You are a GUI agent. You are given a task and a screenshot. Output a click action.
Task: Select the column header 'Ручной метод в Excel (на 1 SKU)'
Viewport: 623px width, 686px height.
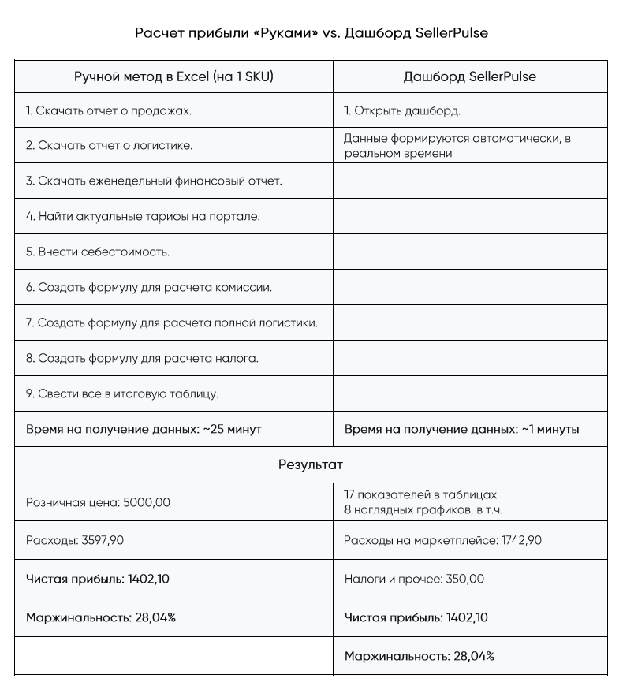pos(174,76)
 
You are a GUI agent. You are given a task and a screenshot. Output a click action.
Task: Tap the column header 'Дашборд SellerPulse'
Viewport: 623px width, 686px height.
pos(470,76)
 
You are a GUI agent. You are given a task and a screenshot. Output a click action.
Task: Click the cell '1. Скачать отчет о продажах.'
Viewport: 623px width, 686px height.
pos(109,110)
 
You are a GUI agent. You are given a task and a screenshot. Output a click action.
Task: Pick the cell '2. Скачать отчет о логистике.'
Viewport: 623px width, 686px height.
pos(110,146)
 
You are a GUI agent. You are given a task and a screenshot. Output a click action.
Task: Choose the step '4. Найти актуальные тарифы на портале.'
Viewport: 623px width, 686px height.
pos(143,216)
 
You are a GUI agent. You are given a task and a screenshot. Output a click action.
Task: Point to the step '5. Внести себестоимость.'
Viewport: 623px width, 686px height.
pos(98,252)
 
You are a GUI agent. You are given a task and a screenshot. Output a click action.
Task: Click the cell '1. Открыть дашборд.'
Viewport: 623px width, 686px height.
pos(402,110)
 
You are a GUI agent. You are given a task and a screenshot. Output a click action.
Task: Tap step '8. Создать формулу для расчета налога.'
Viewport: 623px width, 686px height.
pos(142,358)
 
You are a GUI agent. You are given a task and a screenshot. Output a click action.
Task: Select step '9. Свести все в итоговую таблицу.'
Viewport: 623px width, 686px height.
pos(122,393)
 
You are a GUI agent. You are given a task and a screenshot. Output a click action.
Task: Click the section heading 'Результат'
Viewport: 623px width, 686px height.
pos(311,464)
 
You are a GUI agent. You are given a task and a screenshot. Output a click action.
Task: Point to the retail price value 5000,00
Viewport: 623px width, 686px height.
pos(147,501)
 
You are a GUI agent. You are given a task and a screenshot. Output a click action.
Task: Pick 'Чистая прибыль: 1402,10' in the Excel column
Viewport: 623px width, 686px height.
pos(98,579)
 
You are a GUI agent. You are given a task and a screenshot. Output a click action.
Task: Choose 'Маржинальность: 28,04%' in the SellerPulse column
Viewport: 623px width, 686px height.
pos(420,656)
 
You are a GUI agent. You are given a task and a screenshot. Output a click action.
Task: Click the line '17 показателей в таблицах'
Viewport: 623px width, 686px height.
pos(420,494)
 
